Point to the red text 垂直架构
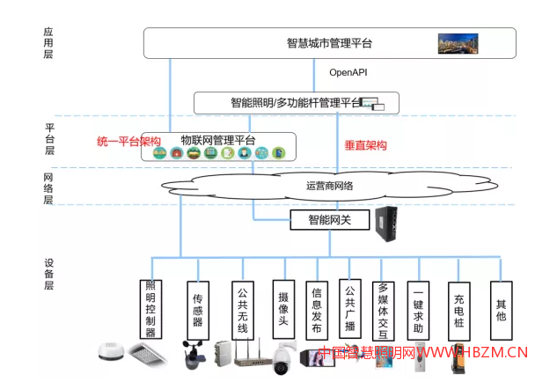pos(364,144)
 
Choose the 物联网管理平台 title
pos(218,140)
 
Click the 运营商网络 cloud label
pos(329,186)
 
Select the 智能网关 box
pos(329,219)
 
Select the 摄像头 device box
pos(282,304)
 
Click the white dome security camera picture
pos(282,357)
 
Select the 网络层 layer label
pos(49,187)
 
